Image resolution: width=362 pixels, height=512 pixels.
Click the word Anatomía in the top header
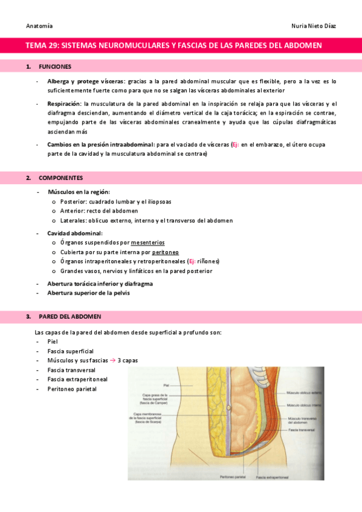coord(39,26)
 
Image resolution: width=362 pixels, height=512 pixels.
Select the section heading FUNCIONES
coord(54,66)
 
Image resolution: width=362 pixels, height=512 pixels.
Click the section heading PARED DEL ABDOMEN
coord(69,316)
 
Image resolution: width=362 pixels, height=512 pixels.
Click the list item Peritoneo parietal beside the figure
coord(71,389)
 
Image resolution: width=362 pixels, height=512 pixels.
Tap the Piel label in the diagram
coord(166,385)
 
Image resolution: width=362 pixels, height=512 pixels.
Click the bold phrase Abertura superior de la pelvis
coord(88,293)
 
